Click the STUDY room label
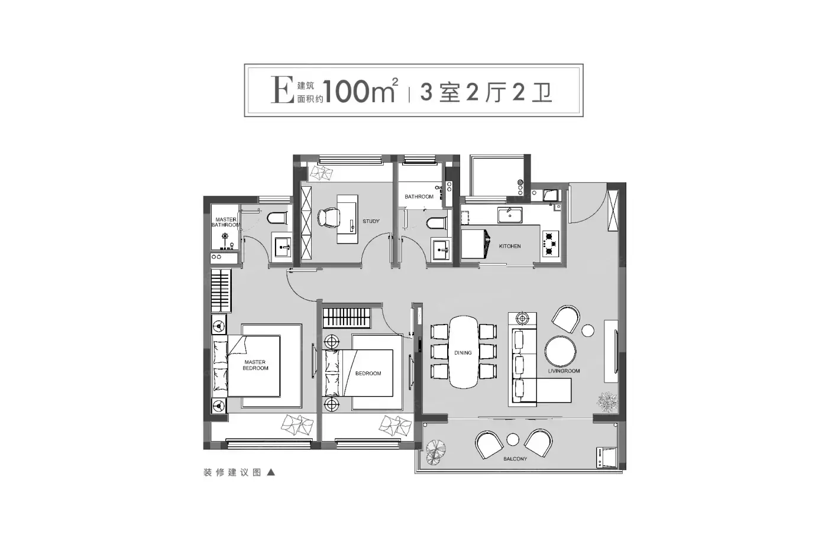371,221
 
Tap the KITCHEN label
510,246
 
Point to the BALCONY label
515,459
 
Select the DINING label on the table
462,353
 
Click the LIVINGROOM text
564,371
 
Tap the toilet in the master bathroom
277,218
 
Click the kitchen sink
510,215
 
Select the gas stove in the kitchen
550,244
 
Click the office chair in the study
328,218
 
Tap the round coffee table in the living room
561,351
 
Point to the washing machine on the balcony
607,458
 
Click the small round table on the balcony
513,439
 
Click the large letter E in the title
283,90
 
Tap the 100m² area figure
361,90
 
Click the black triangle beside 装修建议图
271,472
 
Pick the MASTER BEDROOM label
255,365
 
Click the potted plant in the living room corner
607,401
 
